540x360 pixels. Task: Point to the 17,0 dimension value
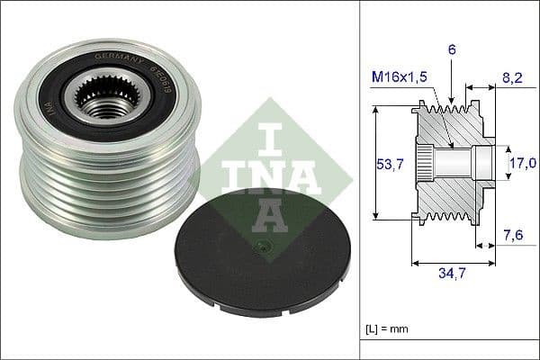[521, 163]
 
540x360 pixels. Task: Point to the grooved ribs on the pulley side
[108, 198]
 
